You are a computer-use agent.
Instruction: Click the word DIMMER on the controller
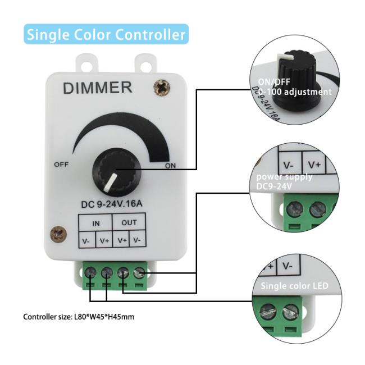pos(97,88)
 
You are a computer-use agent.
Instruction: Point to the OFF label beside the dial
pos(61,165)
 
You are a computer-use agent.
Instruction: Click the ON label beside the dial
pos(171,166)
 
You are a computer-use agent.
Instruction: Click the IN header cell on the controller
pos(97,223)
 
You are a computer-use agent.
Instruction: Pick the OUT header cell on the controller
pos(129,223)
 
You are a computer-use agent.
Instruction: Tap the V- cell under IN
pos(87,241)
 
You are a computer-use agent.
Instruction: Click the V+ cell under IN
pos(105,241)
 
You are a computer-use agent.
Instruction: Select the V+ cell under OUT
pos(122,241)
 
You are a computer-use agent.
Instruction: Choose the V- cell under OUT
pos(139,241)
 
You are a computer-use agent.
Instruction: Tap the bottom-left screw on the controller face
pos(57,232)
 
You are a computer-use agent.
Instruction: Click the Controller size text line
pos(79,317)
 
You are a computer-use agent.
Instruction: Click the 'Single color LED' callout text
pos(294,286)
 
